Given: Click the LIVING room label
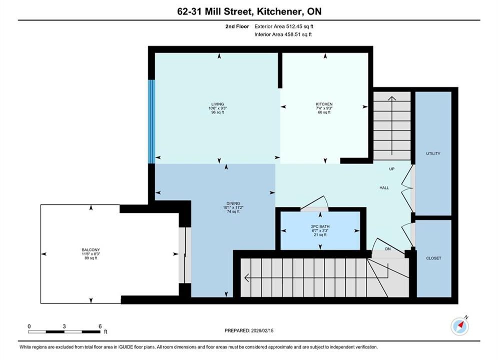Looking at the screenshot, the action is pyautogui.click(x=218, y=104).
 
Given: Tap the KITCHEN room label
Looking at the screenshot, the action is pyautogui.click(x=324, y=104).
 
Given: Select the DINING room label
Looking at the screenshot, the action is pyautogui.click(x=233, y=203).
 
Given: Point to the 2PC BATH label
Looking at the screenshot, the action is pyautogui.click(x=320, y=226).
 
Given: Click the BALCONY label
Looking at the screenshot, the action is pyautogui.click(x=91, y=249).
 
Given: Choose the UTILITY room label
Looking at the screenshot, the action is pyautogui.click(x=433, y=153).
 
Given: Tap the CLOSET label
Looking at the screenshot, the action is pyautogui.click(x=433, y=258).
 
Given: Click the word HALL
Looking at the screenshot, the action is pyautogui.click(x=384, y=188).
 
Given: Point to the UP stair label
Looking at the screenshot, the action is pyautogui.click(x=392, y=169).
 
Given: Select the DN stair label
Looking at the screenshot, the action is pyautogui.click(x=388, y=249).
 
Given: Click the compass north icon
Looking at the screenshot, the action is pyautogui.click(x=459, y=325).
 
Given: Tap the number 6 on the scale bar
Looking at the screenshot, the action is pyautogui.click(x=100, y=326).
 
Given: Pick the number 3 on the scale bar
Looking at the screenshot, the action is pyautogui.click(x=64, y=326).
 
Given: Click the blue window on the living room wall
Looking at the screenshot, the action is pyautogui.click(x=152, y=121).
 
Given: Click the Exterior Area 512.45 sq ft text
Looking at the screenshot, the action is pyautogui.click(x=284, y=26).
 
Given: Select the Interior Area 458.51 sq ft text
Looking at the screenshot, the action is pyautogui.click(x=283, y=34).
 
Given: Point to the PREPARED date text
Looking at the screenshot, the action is pyautogui.click(x=249, y=330).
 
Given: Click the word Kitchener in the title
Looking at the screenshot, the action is pyautogui.click(x=279, y=11).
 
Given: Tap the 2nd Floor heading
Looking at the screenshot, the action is pyautogui.click(x=237, y=26).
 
